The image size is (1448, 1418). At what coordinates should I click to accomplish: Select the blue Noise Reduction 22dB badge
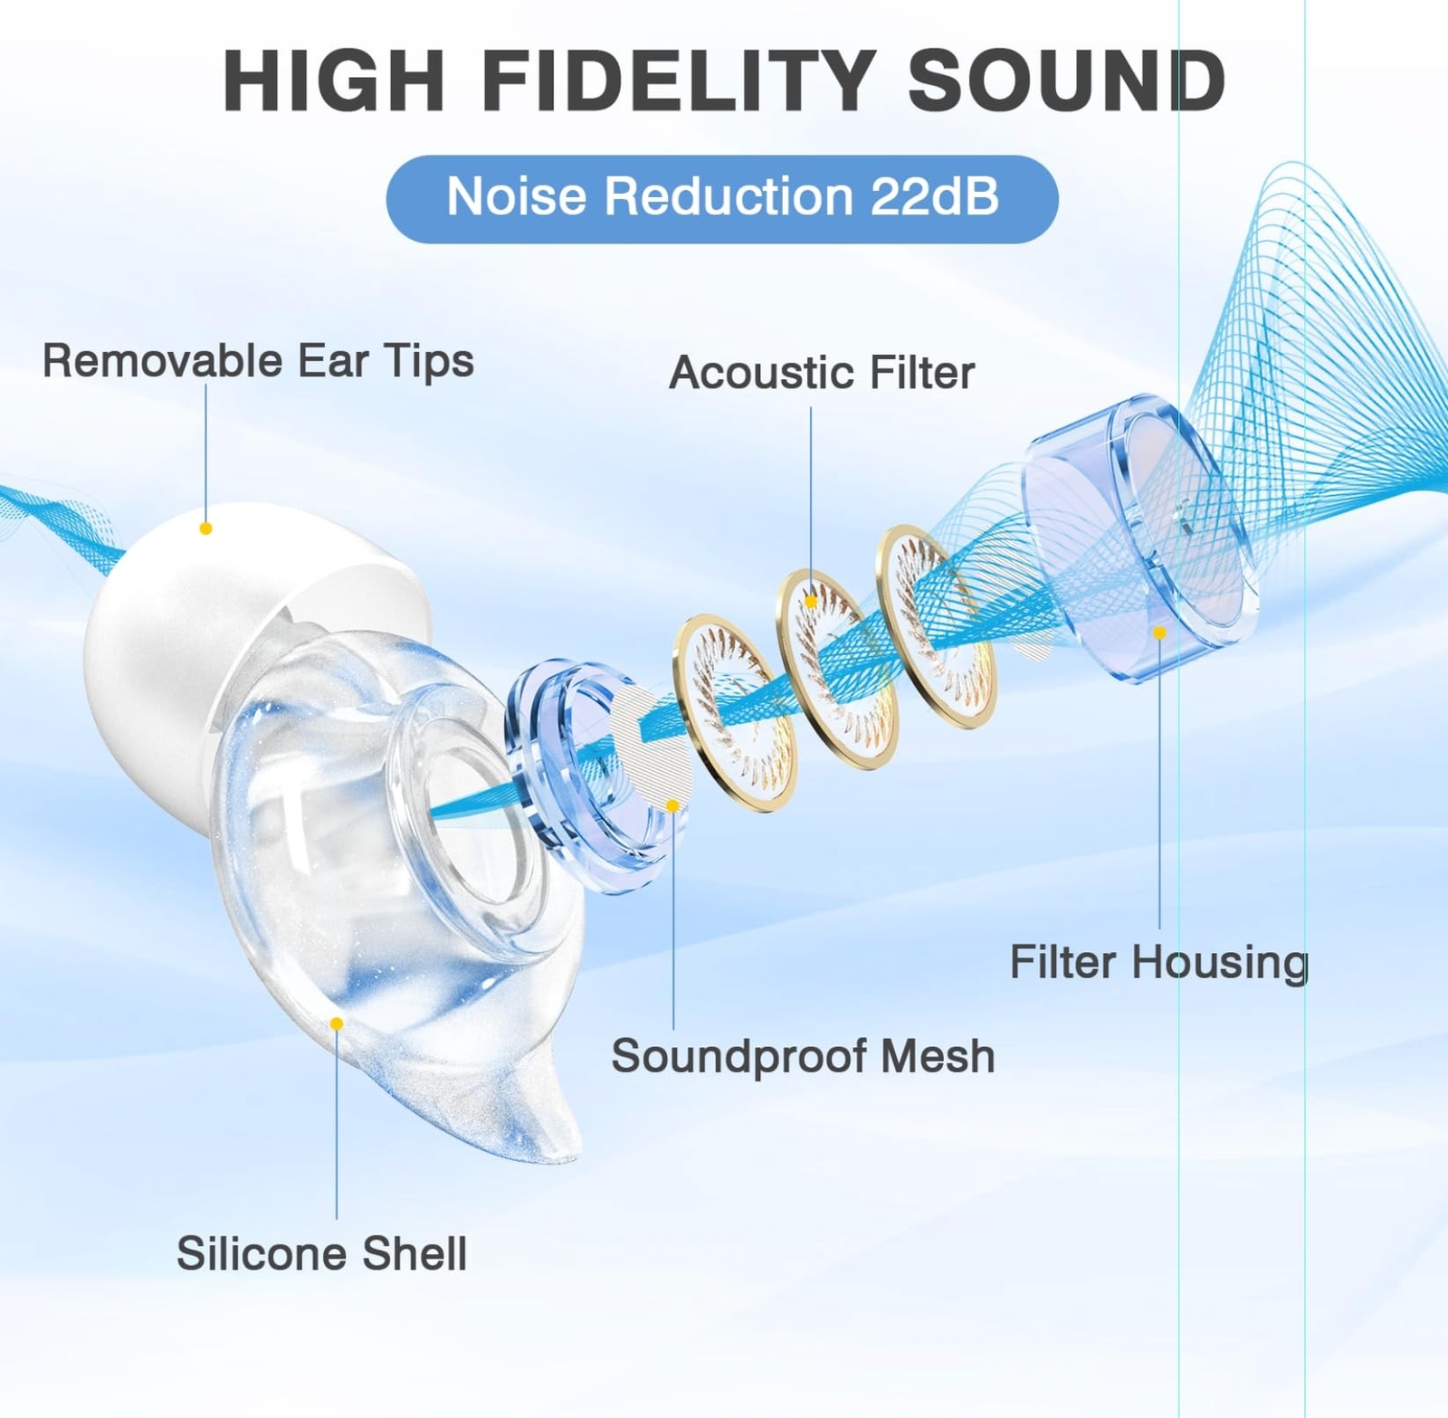722,198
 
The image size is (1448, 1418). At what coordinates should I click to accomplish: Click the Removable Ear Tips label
258,361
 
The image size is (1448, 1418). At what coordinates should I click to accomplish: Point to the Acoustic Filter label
822,373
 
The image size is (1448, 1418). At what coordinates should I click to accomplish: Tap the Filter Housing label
1159,963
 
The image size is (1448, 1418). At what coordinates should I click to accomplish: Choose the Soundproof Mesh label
803,1056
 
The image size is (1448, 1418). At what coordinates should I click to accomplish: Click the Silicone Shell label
321,1253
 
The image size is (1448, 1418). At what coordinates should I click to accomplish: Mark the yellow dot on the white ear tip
205,528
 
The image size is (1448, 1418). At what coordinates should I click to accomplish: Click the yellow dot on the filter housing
1159,633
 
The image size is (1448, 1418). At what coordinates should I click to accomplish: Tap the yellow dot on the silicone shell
337,1023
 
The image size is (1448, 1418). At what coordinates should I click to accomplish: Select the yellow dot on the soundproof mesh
672,805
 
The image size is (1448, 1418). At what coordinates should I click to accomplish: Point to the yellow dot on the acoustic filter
811,602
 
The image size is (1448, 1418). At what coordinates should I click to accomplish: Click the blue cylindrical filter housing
1140,538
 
